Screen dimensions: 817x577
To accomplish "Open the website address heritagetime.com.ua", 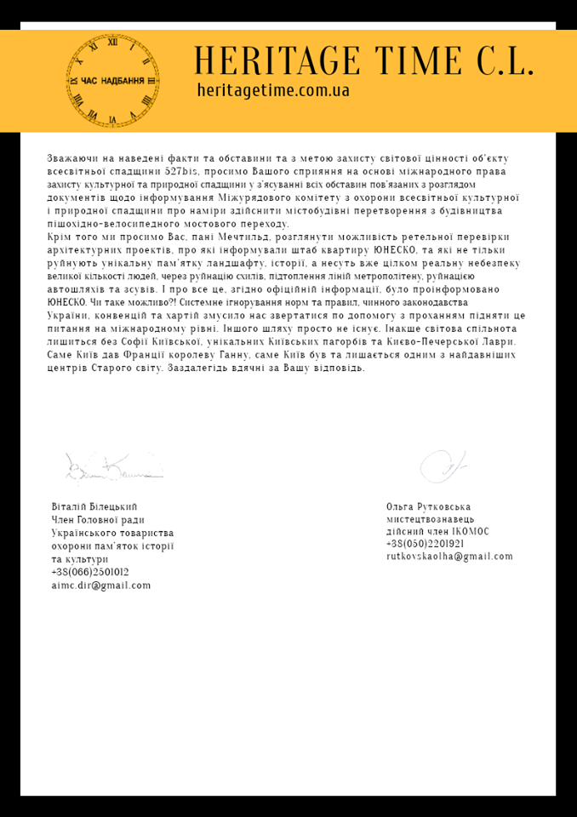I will (272, 89).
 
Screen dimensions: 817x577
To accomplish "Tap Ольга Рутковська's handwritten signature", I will (443, 465).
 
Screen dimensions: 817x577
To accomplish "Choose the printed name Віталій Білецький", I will (94, 506).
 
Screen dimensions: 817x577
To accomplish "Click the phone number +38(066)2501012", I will (90, 572).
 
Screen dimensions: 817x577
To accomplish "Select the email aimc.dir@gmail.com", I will (100, 585).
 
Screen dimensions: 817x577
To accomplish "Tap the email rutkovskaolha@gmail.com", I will (449, 557).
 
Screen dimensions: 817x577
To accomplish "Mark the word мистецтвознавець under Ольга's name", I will (430, 518).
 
